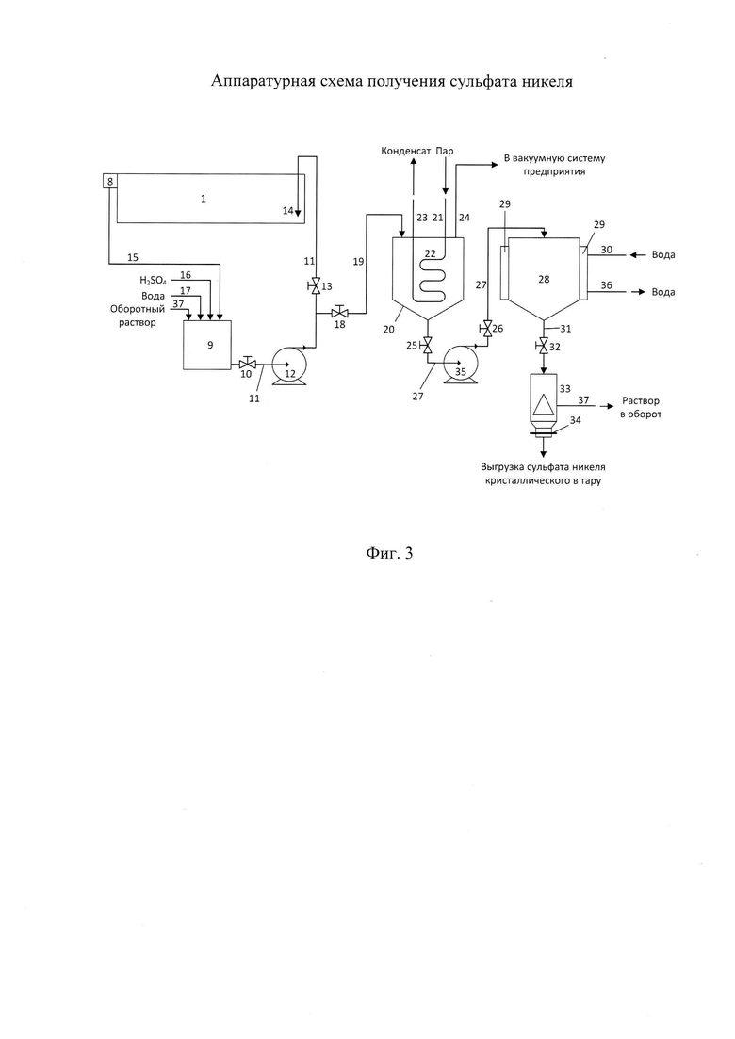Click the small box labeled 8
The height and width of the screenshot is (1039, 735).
[110, 181]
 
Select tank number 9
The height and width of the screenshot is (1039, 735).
[207, 345]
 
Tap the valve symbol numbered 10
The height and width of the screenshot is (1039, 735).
[247, 363]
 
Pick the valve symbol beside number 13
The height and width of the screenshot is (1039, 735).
[315, 286]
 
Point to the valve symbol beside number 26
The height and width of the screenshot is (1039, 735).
[488, 329]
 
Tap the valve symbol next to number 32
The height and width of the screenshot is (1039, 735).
[544, 345]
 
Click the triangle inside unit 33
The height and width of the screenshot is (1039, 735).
[543, 403]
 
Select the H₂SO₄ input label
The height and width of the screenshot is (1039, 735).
[153, 281]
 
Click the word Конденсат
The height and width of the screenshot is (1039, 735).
[404, 151]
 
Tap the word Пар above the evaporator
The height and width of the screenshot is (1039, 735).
[445, 151]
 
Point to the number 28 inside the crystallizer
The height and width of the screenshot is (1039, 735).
[544, 279]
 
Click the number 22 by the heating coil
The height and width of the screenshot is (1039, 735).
[430, 252]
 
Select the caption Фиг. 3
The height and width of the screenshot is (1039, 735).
[389, 553]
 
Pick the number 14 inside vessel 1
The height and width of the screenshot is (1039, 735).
[287, 210]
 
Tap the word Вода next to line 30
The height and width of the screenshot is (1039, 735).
[662, 254]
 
